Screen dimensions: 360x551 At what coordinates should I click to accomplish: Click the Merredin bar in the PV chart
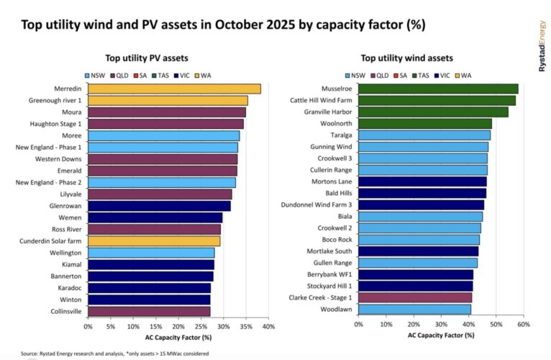(x=174, y=89)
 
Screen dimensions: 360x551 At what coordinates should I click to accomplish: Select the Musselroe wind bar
(x=438, y=89)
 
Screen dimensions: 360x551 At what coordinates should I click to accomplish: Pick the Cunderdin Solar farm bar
(x=154, y=241)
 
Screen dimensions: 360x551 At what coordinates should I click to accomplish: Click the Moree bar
(x=163, y=135)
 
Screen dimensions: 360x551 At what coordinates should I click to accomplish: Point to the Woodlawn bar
(x=414, y=309)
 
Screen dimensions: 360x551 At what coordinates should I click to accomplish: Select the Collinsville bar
(x=149, y=311)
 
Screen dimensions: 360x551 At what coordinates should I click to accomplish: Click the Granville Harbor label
(x=328, y=112)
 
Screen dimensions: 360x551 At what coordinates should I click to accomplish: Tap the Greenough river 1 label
(x=53, y=101)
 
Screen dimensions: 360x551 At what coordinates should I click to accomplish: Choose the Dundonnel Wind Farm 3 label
(x=317, y=204)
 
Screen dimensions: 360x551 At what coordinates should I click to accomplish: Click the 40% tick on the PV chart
(x=269, y=326)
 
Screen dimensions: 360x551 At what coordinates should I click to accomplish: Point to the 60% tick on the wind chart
(x=524, y=325)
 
